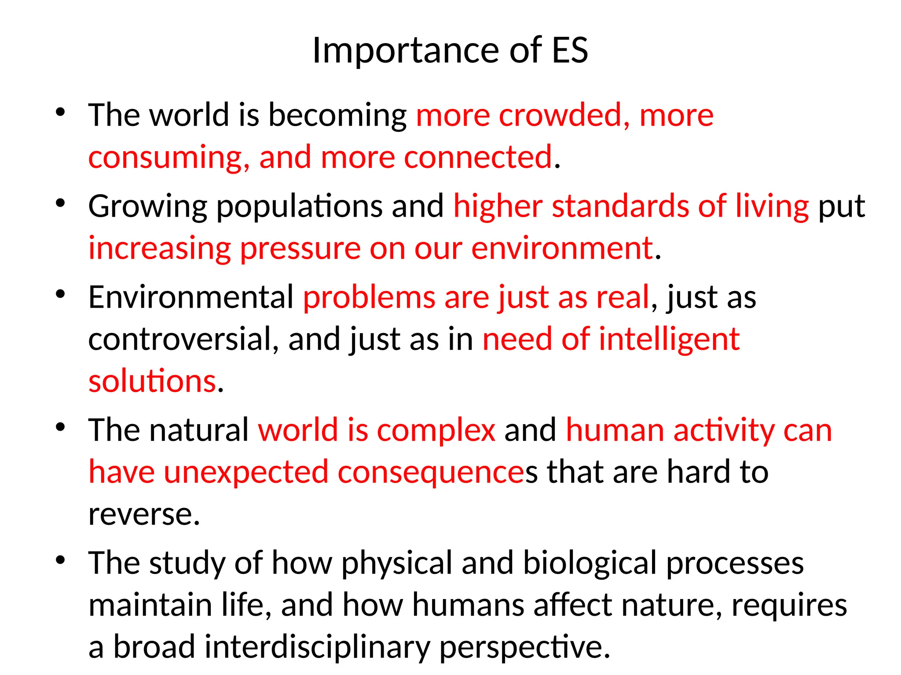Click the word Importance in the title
click(x=405, y=51)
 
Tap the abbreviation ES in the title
click(x=569, y=51)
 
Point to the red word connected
click(x=478, y=157)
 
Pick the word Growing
click(x=147, y=207)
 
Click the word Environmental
click(x=191, y=297)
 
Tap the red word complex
click(x=436, y=431)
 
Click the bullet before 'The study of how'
click(x=61, y=560)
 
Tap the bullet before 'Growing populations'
click(x=61, y=203)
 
